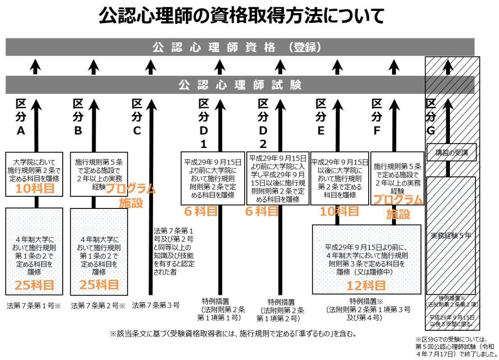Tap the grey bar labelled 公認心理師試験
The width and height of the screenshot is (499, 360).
point(240,85)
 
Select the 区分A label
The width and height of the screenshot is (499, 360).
point(21,117)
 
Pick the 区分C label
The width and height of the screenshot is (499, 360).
point(137,117)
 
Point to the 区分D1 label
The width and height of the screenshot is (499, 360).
point(203,124)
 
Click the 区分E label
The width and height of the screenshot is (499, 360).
point(321,117)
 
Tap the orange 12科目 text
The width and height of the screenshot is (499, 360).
point(366,285)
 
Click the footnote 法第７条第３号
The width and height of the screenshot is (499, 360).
point(156,305)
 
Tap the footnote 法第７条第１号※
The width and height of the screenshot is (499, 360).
point(33,305)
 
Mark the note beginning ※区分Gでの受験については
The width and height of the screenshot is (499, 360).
point(456,346)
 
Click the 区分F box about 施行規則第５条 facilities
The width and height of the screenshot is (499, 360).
point(397,178)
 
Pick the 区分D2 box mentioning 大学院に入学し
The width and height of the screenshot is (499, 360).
point(277,178)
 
